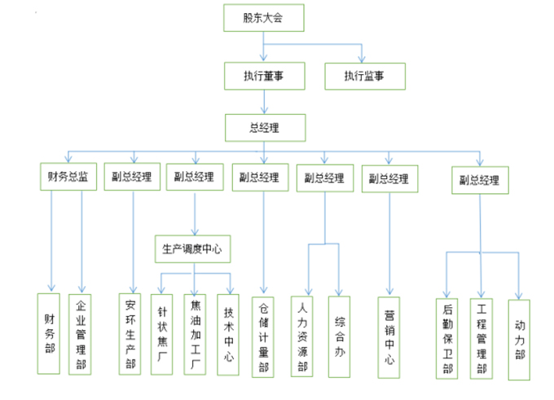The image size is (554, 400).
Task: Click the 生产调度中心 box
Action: pyautogui.click(x=192, y=248)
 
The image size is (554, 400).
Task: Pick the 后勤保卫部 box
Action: pyautogui.click(x=447, y=336)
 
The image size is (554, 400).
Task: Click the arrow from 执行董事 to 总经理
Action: pyautogui.click(x=263, y=101)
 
